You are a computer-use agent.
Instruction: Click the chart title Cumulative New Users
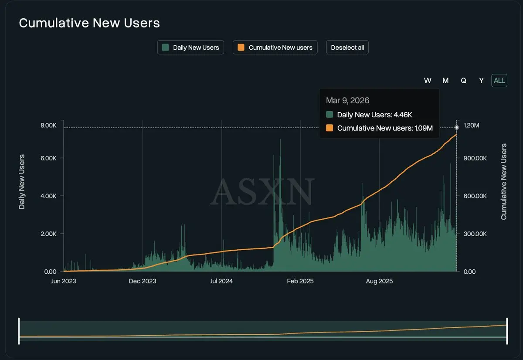[89, 23]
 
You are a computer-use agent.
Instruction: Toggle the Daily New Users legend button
[190, 48]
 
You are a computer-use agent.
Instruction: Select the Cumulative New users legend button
[275, 48]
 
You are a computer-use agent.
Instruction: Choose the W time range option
[428, 81]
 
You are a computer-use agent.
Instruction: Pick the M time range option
[445, 81]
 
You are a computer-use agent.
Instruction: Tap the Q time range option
[463, 81]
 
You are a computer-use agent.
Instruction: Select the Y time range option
[481, 81]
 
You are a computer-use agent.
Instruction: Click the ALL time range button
[499, 81]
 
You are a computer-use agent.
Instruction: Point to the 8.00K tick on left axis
[48, 126]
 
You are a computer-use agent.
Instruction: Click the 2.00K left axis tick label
[48, 234]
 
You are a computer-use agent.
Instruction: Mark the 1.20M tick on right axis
[471, 126]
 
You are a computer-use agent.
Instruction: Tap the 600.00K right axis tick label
[475, 196]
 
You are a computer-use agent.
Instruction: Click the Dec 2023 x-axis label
[143, 281]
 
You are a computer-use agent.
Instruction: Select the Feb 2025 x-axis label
[300, 281]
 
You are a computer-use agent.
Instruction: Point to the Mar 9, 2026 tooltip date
[347, 101]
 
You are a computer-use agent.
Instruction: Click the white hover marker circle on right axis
[457, 128]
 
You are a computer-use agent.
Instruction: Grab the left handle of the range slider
[19, 331]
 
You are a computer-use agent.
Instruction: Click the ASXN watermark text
[262, 192]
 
